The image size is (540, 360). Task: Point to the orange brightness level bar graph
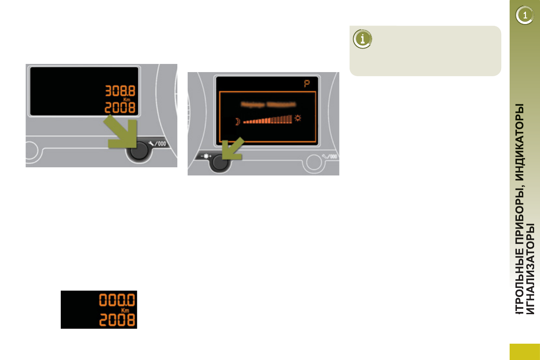(268, 120)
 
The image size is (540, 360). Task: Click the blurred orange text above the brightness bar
(268, 104)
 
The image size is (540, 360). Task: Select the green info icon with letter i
(361, 39)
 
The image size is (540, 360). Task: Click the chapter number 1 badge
(525, 16)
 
